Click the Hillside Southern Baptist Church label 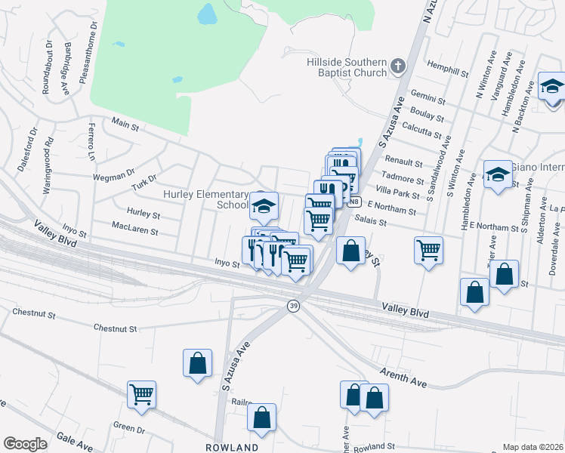pyautogui.click(x=347, y=66)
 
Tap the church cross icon pyautogui.click(x=399, y=66)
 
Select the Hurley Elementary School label pyautogui.click(x=206, y=199)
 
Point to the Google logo pyautogui.click(x=25, y=444)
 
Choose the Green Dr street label pyautogui.click(x=129, y=429)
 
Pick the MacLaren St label pyautogui.click(x=134, y=226)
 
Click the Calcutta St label pyautogui.click(x=421, y=129)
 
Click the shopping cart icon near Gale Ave pyautogui.click(x=141, y=394)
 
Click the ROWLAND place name pyautogui.click(x=232, y=447)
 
